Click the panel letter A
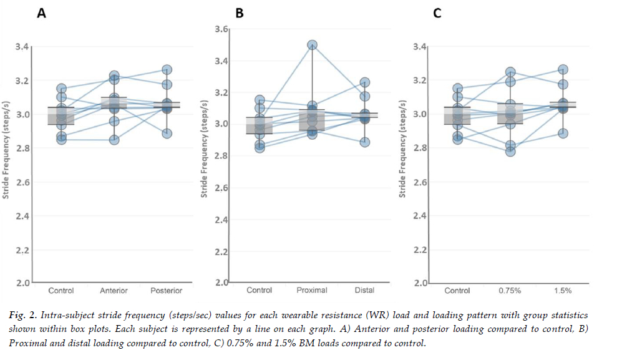point(41,13)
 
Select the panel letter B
point(239,13)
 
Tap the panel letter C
point(437,13)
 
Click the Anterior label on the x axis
point(114,290)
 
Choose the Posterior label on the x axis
point(166,290)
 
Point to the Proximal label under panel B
point(312,290)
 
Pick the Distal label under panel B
point(364,290)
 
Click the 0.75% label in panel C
point(510,290)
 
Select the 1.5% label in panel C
point(563,290)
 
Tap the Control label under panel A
point(61,290)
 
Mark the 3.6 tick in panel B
point(221,29)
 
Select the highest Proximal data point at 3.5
point(312,45)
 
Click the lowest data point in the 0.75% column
point(510,152)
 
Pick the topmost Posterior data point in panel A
point(166,70)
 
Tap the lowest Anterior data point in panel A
point(114,140)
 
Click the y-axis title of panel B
point(204,156)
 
